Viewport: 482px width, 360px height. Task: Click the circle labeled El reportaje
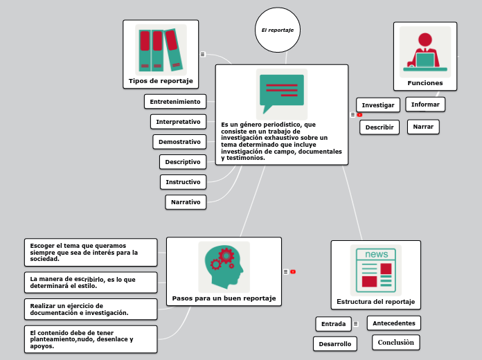coord(278,30)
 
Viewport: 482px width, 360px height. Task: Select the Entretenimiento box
coord(175,102)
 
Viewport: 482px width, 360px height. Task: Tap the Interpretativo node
coord(178,122)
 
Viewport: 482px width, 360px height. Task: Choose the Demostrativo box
coord(179,142)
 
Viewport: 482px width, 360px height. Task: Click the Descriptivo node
coord(183,162)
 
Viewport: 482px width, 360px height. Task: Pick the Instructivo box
coord(183,182)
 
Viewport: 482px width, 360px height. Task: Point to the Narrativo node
coord(186,202)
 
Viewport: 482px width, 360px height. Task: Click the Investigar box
coord(378,105)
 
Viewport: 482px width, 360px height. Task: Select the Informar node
coord(425,105)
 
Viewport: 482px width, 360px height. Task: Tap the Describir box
coord(380,127)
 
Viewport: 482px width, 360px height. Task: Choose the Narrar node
coord(423,127)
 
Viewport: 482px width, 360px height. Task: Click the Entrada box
coord(333,324)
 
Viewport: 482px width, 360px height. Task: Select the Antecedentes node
coord(394,323)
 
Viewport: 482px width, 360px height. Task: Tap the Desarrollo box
coord(335,344)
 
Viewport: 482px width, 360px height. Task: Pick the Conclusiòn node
coord(396,343)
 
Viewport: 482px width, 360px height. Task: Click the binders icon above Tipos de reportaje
coord(161,50)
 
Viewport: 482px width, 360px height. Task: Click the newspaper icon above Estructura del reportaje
coord(376,270)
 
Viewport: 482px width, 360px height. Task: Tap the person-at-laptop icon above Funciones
coord(425,51)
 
